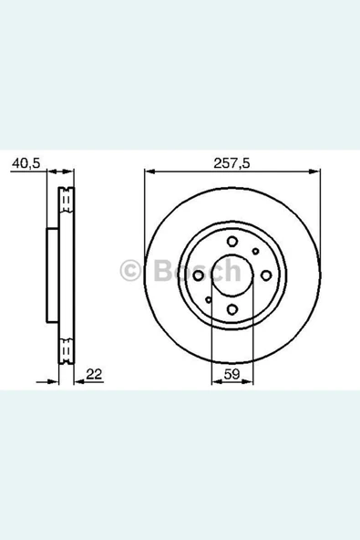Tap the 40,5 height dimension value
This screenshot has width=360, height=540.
pos(26,163)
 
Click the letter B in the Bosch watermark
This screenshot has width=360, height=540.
pos(161,271)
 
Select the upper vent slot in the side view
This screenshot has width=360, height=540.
pos(67,199)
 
